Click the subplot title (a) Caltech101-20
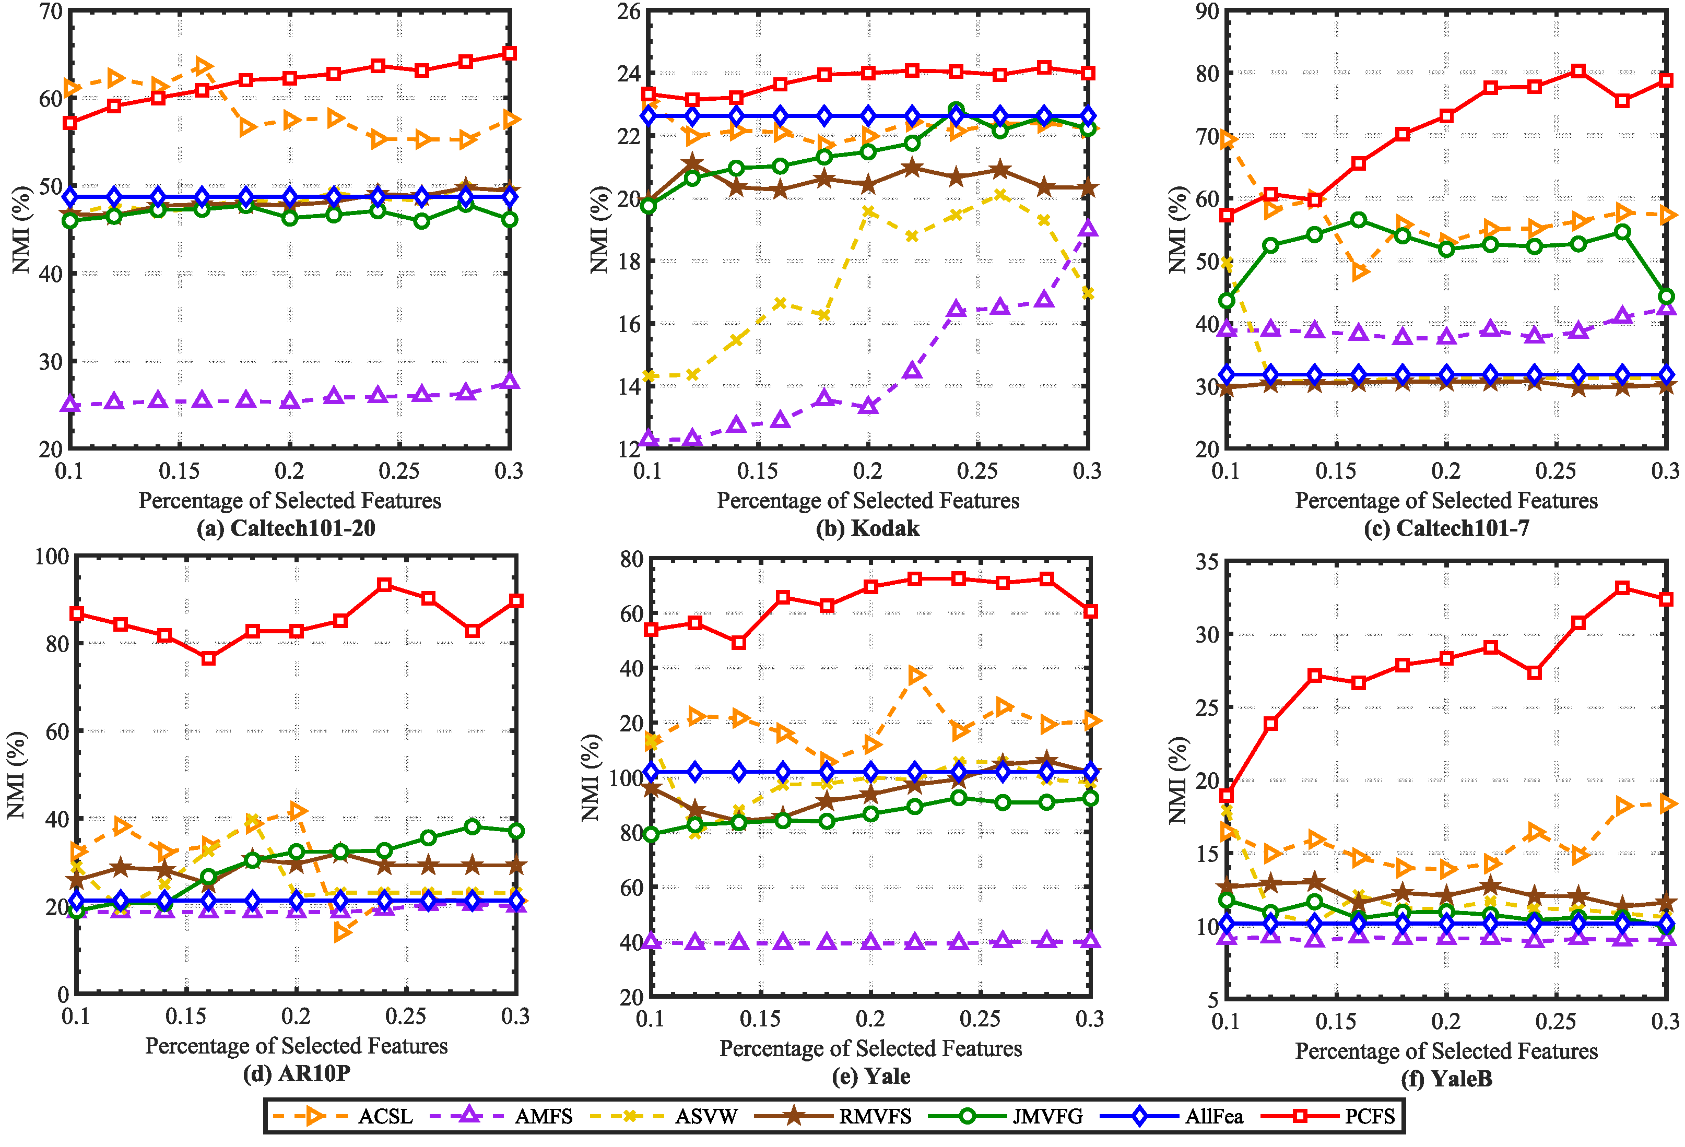[x=286, y=528]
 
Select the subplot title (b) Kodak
[x=868, y=528]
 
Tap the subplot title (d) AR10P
[x=297, y=1073]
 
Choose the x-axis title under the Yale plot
[x=870, y=1048]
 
